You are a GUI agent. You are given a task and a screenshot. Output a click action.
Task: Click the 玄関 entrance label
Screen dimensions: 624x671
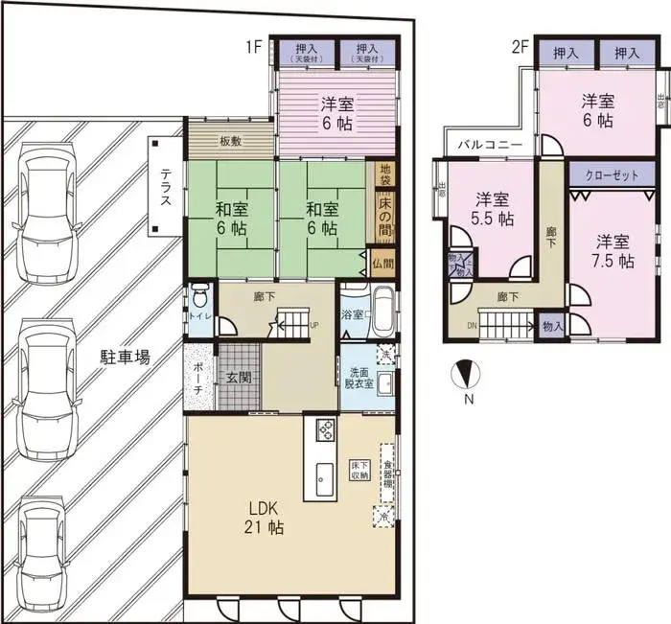click(x=240, y=378)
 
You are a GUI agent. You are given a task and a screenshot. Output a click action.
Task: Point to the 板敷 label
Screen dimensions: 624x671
click(x=230, y=142)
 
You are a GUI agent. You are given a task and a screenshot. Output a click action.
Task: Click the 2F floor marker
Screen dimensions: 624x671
click(x=519, y=46)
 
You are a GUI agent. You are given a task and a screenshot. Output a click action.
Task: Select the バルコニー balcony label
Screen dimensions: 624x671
click(x=489, y=145)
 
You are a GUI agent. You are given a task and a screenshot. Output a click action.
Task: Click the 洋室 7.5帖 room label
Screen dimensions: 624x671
click(x=612, y=250)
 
